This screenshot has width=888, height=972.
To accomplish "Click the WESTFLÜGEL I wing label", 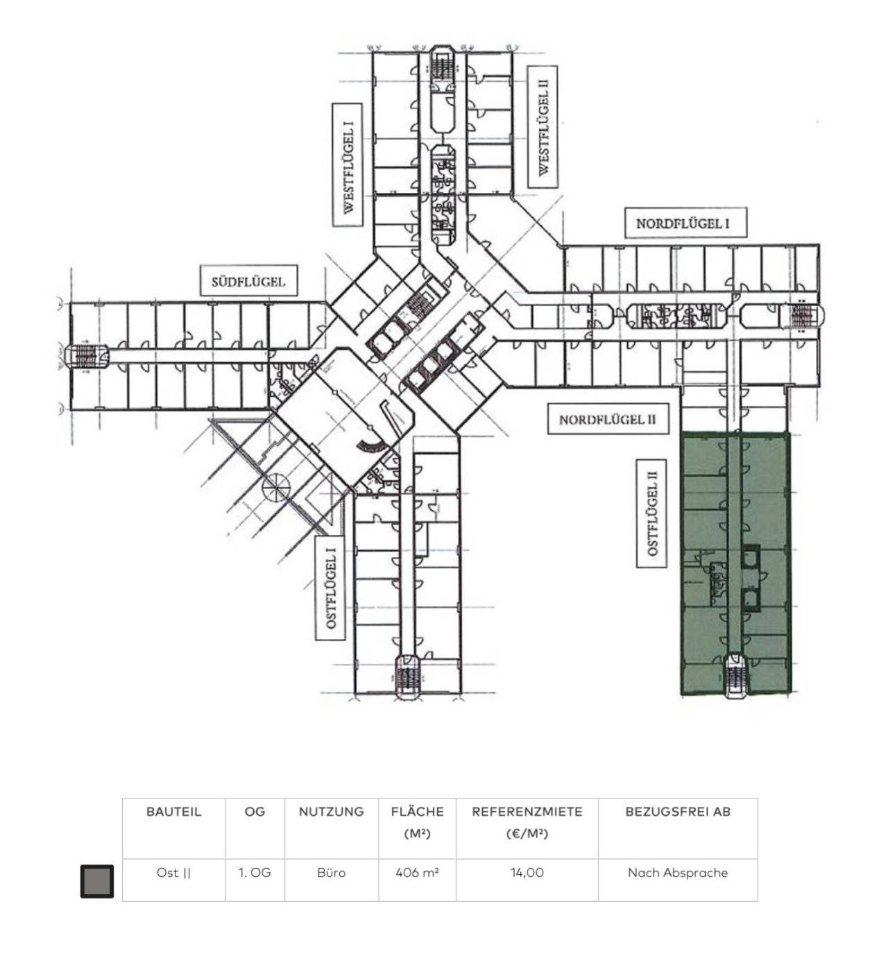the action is tap(348, 164).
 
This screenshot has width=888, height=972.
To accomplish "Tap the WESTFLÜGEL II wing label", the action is tap(543, 127).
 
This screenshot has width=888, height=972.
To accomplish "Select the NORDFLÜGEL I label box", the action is tap(685, 223).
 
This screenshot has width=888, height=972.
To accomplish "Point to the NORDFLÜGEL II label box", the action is tap(608, 418).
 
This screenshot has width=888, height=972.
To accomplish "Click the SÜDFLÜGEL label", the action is tap(248, 280).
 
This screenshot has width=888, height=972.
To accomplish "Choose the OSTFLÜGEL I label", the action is tap(331, 588).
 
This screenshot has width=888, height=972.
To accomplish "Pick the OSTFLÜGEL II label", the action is tap(651, 513).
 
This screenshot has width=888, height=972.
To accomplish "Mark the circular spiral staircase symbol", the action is tap(276, 484).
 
